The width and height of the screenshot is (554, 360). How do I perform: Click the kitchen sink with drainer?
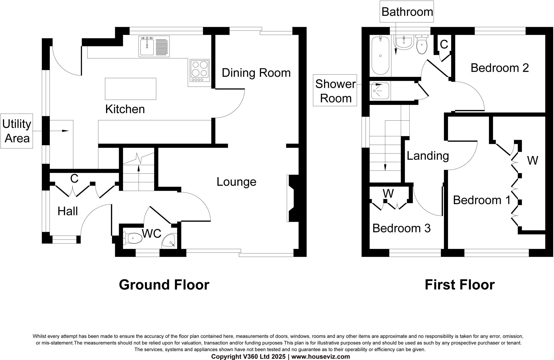pyautogui.click(x=154, y=47)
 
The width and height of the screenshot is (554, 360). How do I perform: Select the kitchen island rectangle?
pyautogui.click(x=130, y=89)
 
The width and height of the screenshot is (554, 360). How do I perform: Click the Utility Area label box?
pyautogui.click(x=17, y=131)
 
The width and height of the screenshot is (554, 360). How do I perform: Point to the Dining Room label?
pyautogui.click(x=256, y=73)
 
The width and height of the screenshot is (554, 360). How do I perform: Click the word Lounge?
pyautogui.click(x=236, y=182)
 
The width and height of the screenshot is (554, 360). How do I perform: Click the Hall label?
pyautogui.click(x=68, y=211)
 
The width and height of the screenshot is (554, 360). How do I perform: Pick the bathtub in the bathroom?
pyautogui.click(x=380, y=56)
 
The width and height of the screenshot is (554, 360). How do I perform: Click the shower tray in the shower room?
pyautogui.click(x=380, y=91)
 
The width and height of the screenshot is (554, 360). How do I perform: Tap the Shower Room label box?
pyautogui.click(x=335, y=91)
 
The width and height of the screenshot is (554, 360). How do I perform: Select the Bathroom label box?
pyautogui.click(x=407, y=12)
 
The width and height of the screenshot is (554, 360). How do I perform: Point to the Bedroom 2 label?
pyautogui.click(x=499, y=68)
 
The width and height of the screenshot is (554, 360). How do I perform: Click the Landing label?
pyautogui.click(x=428, y=156)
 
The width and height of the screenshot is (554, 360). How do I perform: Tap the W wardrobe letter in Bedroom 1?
pyautogui.click(x=532, y=161)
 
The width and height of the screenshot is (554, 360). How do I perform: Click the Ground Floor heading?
pyautogui.click(x=164, y=285)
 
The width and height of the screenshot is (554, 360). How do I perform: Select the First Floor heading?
pyautogui.click(x=459, y=285)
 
